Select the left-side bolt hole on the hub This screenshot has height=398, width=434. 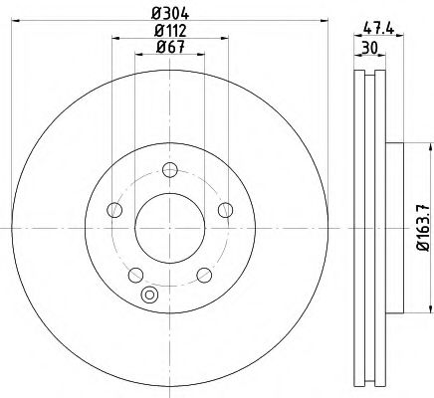tap(114, 209)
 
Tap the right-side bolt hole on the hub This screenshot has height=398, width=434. tap(225, 209)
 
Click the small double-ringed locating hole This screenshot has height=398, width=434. tap(151, 295)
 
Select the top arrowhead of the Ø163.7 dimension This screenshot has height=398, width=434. tap(410, 145)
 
